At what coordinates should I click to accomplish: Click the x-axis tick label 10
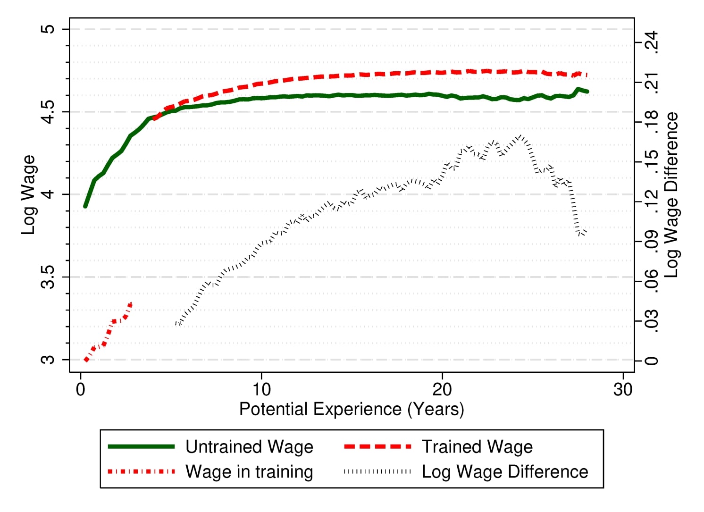coord(261,389)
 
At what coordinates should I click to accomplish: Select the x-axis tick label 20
coord(442,389)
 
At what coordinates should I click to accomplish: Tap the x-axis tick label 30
coord(622,389)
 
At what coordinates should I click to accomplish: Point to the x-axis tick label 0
coord(81,389)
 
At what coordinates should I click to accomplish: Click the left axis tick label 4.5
coord(48,112)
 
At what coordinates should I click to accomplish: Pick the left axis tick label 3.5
coord(48,277)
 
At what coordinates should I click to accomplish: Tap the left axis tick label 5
coord(48,29)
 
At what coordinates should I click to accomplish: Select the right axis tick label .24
coord(652,43)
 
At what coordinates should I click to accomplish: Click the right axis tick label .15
coord(652,162)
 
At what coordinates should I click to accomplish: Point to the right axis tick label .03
coord(652,321)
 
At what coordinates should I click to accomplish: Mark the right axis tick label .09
coord(652,242)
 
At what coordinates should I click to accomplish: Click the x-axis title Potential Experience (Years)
coord(352,409)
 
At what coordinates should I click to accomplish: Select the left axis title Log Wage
coord(28,194)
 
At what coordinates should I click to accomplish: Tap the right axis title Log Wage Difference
coord(671,194)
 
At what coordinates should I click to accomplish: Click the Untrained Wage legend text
coord(249,446)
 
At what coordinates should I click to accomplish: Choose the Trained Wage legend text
coord(477,446)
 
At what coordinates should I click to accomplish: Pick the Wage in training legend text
coord(249,471)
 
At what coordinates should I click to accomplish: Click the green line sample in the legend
coord(141,446)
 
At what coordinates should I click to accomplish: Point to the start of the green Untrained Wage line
coord(85,206)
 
